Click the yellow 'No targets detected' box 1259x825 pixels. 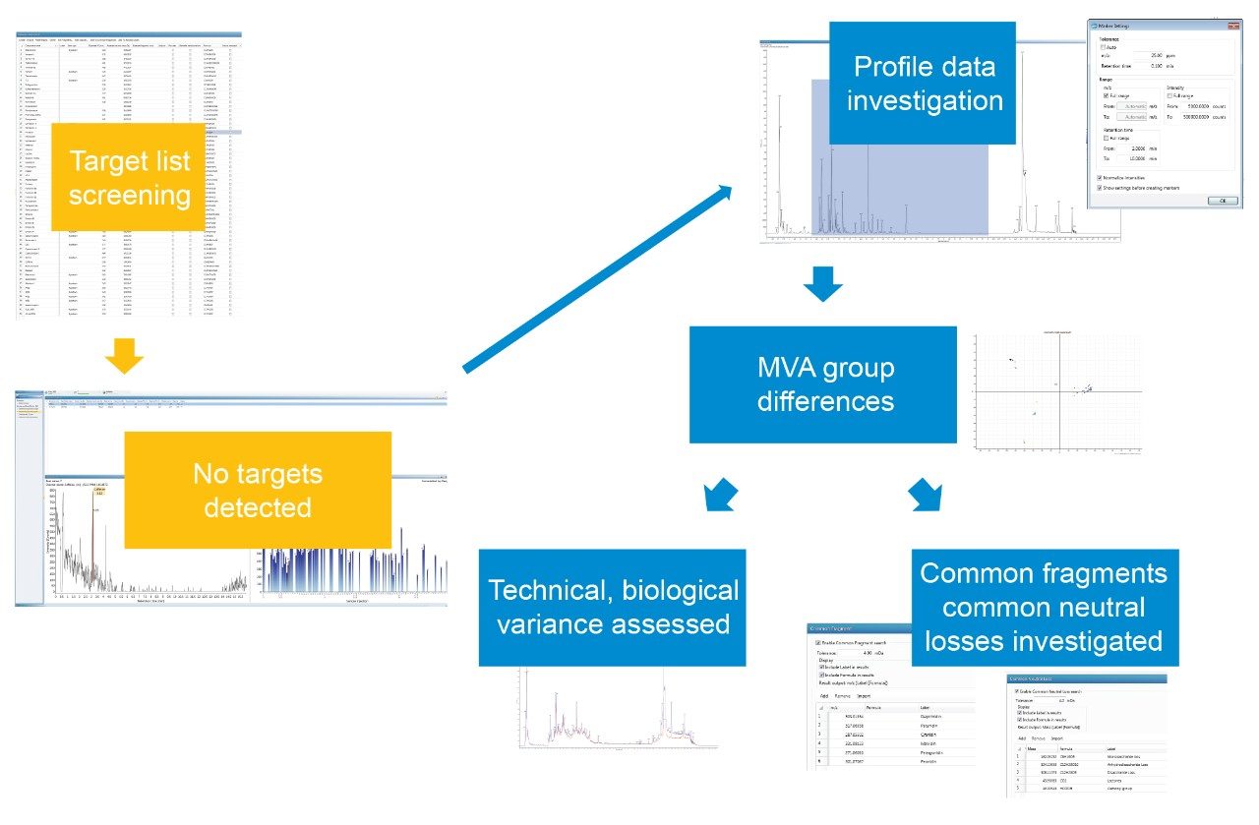(x=258, y=490)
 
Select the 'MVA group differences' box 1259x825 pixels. (x=823, y=383)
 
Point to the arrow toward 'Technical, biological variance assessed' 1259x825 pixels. (x=720, y=493)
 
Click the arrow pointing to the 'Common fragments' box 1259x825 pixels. (x=926, y=494)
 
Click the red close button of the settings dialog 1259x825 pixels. (x=1232, y=25)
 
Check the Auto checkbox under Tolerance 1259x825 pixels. (x=1102, y=46)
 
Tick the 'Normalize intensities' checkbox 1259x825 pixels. (x=1099, y=178)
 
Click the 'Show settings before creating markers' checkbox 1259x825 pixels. (x=1099, y=187)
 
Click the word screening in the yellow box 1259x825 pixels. (x=129, y=195)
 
